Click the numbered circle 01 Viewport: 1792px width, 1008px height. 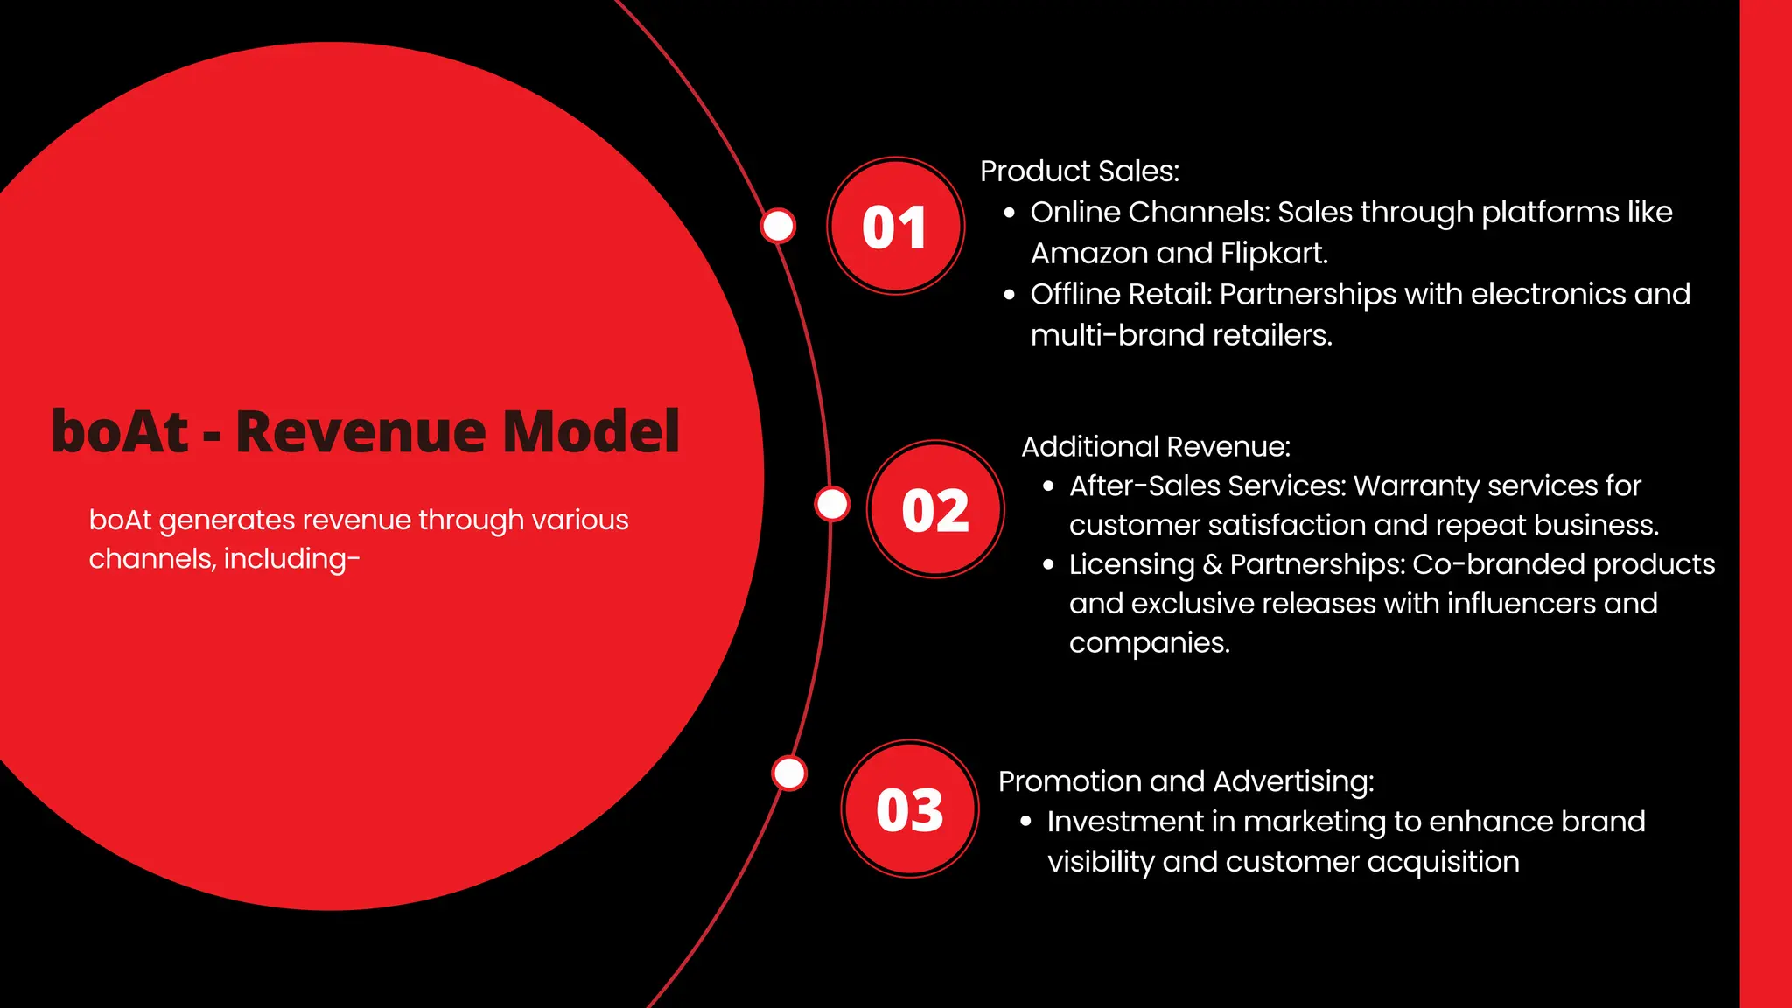[895, 227]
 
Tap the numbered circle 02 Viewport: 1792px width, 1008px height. [935, 509]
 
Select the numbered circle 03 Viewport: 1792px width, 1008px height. [910, 808]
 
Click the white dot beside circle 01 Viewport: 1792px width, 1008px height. [777, 226]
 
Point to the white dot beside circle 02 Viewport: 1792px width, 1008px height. [831, 504]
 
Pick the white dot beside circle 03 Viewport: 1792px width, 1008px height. [789, 773]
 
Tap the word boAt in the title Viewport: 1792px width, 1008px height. [120, 431]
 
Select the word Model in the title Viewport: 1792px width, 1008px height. [591, 431]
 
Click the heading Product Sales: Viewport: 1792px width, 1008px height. [1079, 171]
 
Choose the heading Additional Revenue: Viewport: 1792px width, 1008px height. [1155, 447]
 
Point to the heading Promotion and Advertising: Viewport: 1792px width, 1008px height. [1186, 781]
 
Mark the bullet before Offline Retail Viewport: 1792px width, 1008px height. [1010, 296]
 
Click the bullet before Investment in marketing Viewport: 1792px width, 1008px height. [1026, 822]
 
